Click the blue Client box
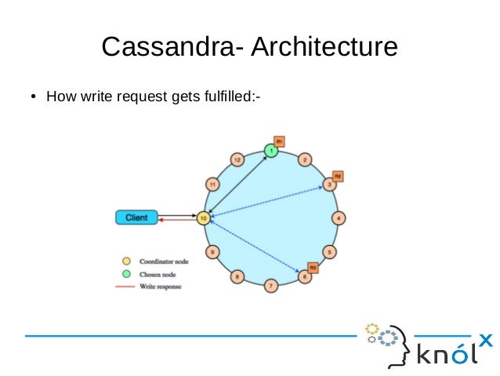[x=136, y=217]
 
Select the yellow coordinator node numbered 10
[x=203, y=217]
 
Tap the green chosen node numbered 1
[x=271, y=149]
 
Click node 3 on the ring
[x=330, y=184]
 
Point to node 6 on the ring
[x=304, y=276]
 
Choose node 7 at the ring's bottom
[x=271, y=285]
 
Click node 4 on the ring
[x=339, y=217]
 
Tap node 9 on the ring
[x=212, y=251]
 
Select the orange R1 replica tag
[x=279, y=141]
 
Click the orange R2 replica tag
[x=338, y=175]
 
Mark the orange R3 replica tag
[x=313, y=268]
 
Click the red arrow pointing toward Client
[x=176, y=221]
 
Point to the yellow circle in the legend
[x=125, y=260]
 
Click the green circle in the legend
[x=125, y=273]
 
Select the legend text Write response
[x=161, y=287]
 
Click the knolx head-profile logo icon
[x=389, y=341]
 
